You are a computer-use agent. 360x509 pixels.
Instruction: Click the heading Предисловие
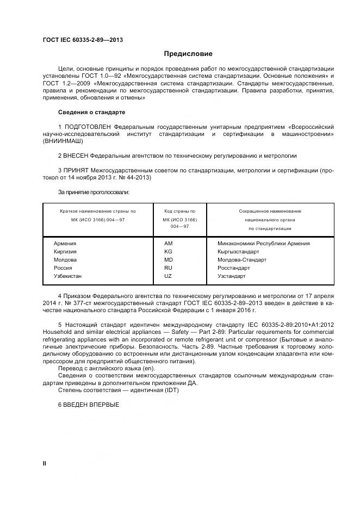pos(188,54)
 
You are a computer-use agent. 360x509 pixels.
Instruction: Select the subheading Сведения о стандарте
pos(91,112)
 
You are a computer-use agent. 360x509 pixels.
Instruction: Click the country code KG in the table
pos(168,252)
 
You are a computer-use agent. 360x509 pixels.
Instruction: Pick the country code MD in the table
pos(168,260)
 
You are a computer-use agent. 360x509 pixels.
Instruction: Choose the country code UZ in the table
pos(168,276)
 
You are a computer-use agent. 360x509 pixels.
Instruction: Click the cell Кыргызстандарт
pos(238,252)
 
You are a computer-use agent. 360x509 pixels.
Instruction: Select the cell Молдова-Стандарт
pos(241,260)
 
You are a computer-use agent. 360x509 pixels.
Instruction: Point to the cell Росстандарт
pos(234,268)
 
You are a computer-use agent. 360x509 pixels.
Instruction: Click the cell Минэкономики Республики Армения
pos(263,244)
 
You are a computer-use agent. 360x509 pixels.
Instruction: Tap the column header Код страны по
pos(179,211)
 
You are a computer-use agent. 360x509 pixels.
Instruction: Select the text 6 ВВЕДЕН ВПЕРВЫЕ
pos(88,405)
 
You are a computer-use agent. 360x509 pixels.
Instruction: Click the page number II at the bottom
pos(45,463)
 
